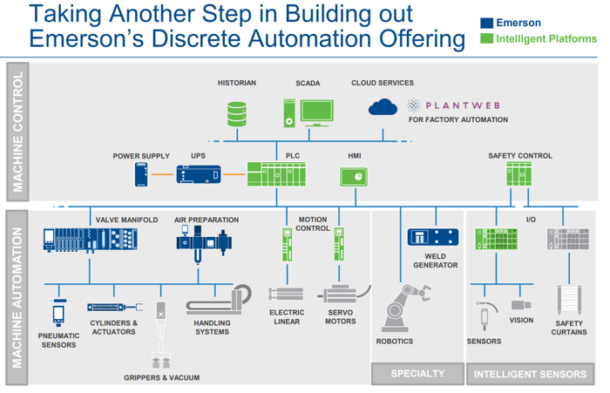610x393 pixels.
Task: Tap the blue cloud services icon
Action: point(383,106)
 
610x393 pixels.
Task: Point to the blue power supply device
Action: point(142,174)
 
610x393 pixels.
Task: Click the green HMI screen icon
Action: point(353,176)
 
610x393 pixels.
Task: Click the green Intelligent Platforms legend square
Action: point(488,38)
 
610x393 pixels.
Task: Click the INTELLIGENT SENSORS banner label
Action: point(530,375)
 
